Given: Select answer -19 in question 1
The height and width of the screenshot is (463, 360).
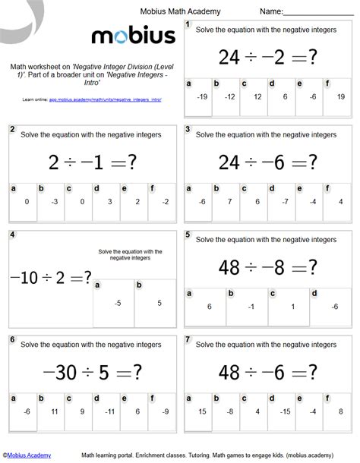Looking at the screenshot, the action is pyautogui.click(x=202, y=97).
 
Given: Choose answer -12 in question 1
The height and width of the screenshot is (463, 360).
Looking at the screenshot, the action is pyautogui.click(x=229, y=97).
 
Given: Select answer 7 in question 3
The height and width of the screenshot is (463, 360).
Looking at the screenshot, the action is pyautogui.click(x=229, y=202).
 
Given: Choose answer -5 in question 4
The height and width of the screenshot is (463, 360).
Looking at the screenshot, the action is pyautogui.click(x=118, y=302).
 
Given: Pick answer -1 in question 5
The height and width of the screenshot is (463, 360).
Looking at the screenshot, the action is pyautogui.click(x=251, y=306).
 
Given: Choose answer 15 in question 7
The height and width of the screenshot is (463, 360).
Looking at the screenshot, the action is pyautogui.click(x=202, y=411).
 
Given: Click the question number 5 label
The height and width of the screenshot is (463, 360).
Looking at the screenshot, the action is pyautogui.click(x=188, y=235).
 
